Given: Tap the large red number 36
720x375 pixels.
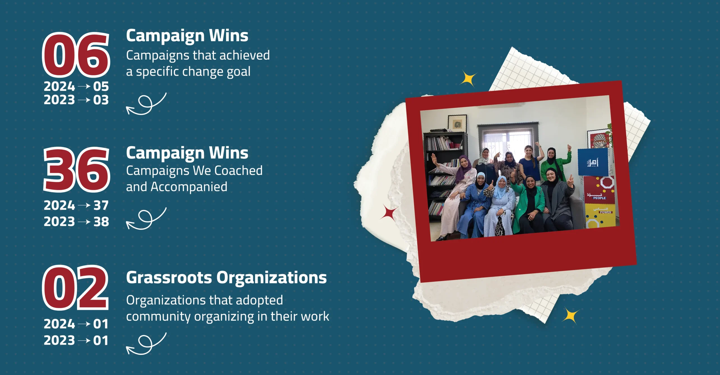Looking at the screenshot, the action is click(76, 170).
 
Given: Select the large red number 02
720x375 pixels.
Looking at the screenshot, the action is click(75, 288).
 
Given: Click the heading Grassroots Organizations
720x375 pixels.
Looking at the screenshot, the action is click(226, 278).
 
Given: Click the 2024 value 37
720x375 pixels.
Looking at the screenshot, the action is click(101, 205).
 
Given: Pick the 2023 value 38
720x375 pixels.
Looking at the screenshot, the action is click(101, 222).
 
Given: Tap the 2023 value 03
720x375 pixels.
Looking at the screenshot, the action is click(101, 100).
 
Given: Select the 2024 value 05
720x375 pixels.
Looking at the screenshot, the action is click(101, 86).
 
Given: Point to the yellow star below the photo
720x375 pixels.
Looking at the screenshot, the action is click(570, 316).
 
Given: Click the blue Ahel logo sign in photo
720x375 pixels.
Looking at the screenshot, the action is click(593, 162).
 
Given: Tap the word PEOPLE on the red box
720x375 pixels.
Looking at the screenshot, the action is click(599, 198).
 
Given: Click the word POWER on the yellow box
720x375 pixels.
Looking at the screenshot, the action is click(605, 213).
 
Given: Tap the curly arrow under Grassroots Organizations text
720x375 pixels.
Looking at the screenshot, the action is click(146, 344).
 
